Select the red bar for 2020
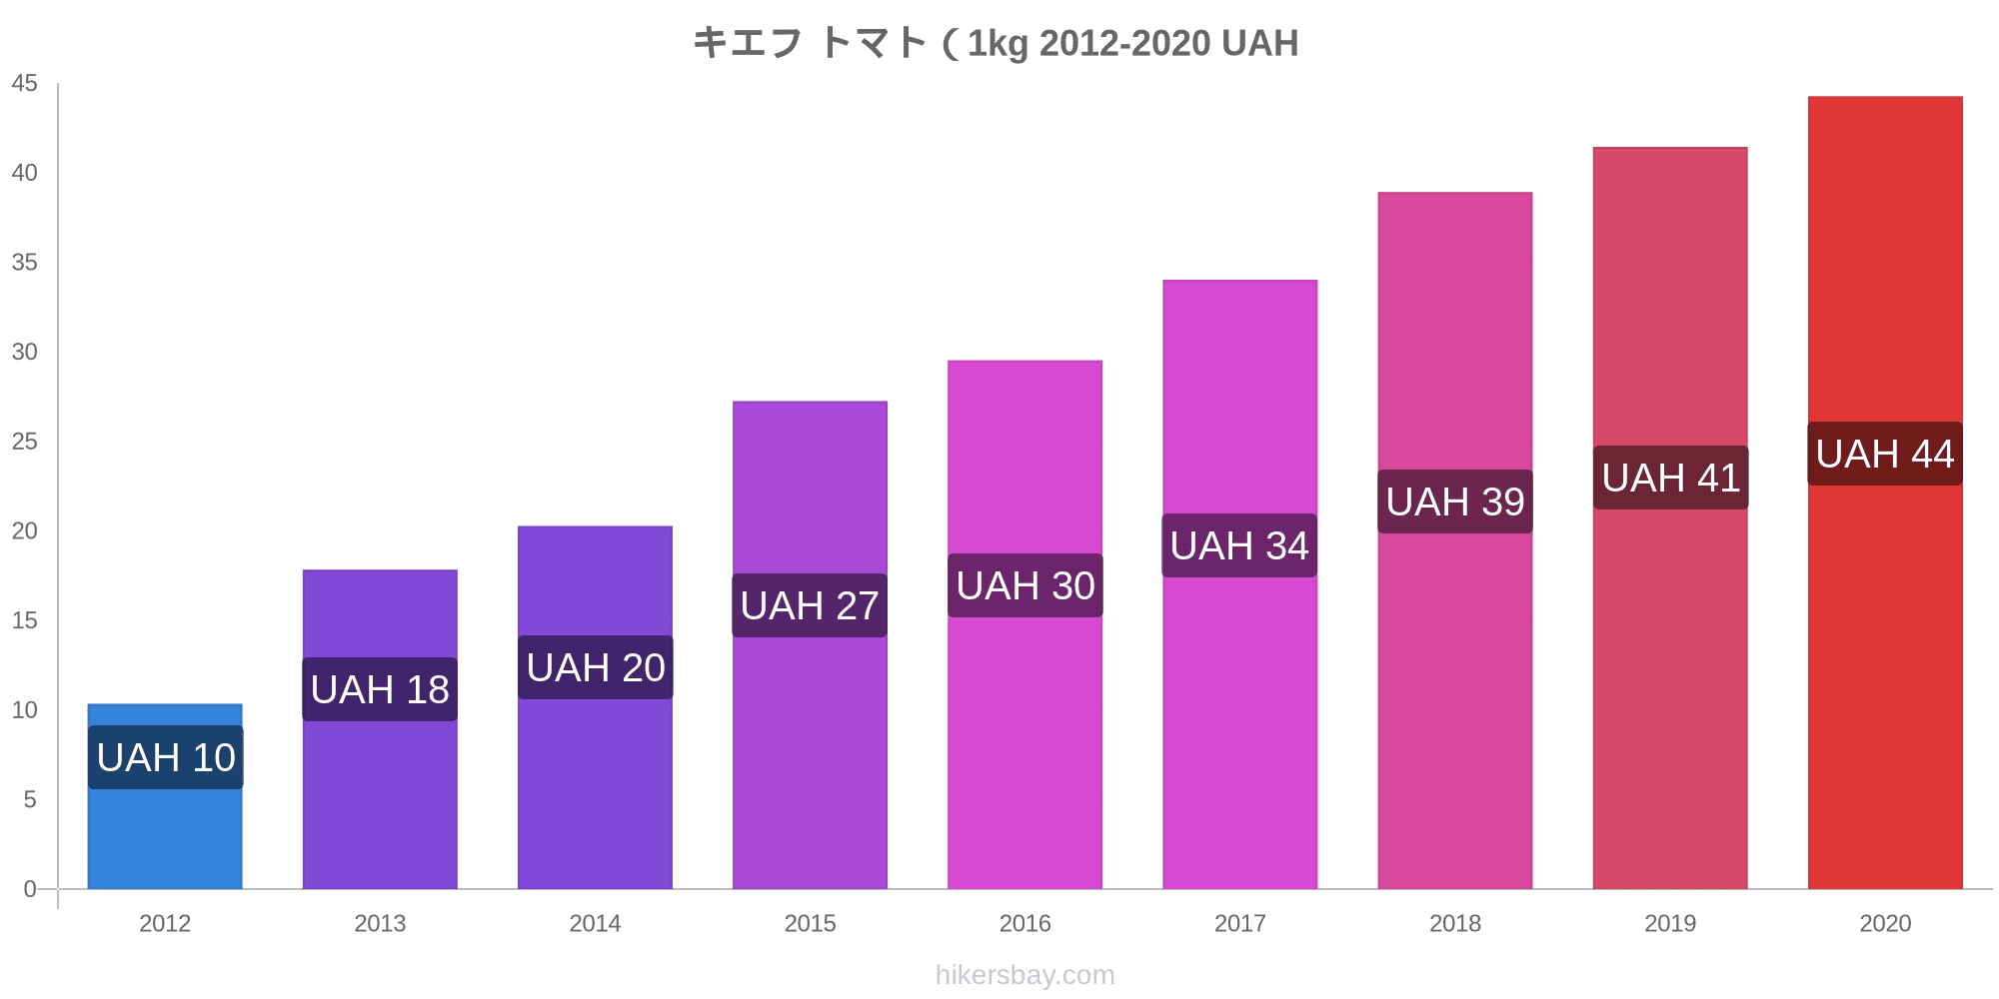click(1885, 649)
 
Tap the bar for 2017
click(1239, 699)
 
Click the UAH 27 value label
click(810, 605)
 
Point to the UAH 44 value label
click(1885, 454)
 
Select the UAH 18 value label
click(380, 689)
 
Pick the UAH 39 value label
click(1455, 501)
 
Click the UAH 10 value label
click(166, 757)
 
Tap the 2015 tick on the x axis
click(810, 923)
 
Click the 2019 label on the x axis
click(1670, 923)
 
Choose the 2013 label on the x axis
click(380, 923)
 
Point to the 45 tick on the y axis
click(25, 84)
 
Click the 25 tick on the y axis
click(25, 442)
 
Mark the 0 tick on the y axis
click(30, 889)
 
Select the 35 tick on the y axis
click(25, 263)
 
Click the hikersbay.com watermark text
click(1024, 975)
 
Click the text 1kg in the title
click(998, 43)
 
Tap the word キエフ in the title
click(748, 43)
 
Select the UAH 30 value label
click(1025, 585)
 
